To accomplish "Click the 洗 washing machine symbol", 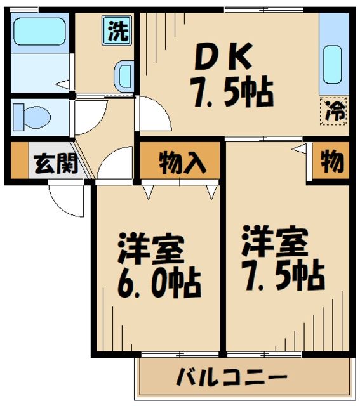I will (117, 32).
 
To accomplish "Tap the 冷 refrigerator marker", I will (333, 112).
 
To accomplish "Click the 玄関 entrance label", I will (55, 164).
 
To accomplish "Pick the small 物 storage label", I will (332, 163).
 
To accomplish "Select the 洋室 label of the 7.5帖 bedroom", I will (274, 240).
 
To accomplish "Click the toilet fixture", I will (32, 116).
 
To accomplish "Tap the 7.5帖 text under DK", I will (231, 93).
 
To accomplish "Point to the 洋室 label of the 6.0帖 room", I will (151, 250).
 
